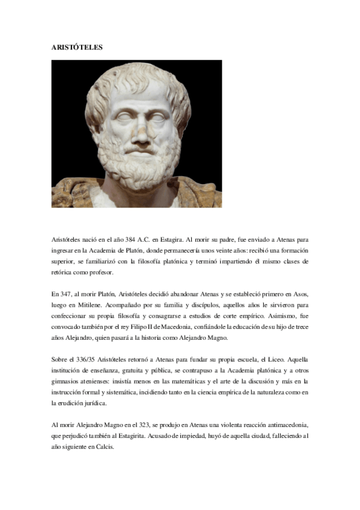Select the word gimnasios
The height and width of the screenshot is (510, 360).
67,381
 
